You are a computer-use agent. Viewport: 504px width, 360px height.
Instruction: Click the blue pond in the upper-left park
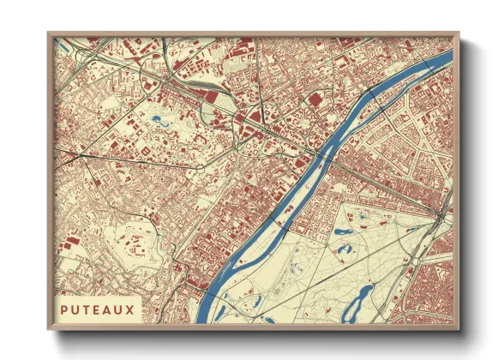click(x=158, y=120)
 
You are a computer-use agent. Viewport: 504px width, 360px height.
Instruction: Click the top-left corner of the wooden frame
click(x=49, y=33)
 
